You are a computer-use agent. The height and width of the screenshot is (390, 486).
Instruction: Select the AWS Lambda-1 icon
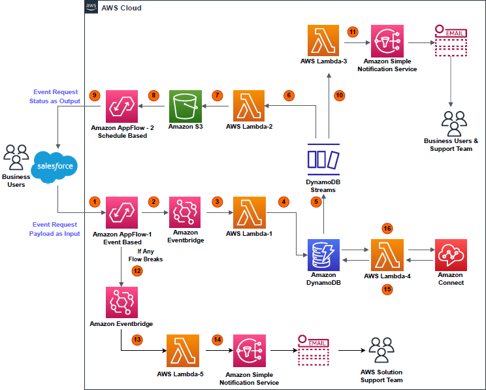point(248,212)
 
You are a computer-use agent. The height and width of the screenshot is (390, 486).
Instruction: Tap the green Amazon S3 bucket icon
point(186,106)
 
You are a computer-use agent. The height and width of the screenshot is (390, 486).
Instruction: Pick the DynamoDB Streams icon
point(323,159)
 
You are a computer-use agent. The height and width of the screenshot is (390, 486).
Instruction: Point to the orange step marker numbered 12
point(137,270)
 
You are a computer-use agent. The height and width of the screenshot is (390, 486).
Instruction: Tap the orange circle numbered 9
point(95,95)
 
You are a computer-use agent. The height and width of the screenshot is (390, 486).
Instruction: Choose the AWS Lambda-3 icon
point(323,41)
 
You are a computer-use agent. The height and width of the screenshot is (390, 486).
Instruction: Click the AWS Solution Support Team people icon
point(381,351)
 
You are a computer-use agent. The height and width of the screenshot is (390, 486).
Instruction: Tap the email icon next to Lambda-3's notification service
point(451,40)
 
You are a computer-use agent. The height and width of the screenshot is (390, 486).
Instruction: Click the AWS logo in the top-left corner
point(91,7)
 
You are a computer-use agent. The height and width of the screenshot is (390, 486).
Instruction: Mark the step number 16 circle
point(387,228)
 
